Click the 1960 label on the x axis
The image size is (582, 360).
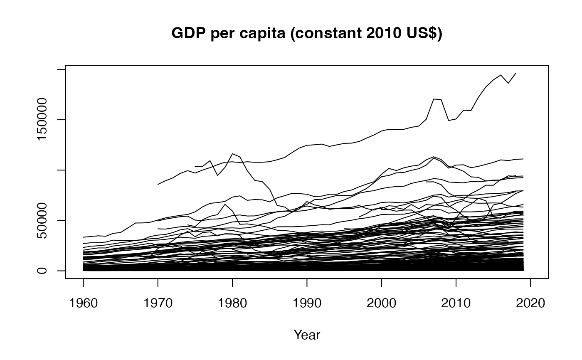tap(83, 303)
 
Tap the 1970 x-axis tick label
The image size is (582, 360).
tap(158, 303)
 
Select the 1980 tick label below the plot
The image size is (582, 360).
tap(232, 303)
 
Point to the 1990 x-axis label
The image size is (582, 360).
tap(307, 303)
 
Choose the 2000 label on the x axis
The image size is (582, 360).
tap(381, 303)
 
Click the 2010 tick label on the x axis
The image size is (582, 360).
tap(456, 303)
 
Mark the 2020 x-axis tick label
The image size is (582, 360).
tap(530, 303)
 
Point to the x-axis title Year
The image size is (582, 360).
tap(307, 335)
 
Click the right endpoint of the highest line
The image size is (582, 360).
tap(516, 73)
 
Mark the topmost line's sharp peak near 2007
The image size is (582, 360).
tap(434, 99)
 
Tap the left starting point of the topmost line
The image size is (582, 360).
tap(158, 184)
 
